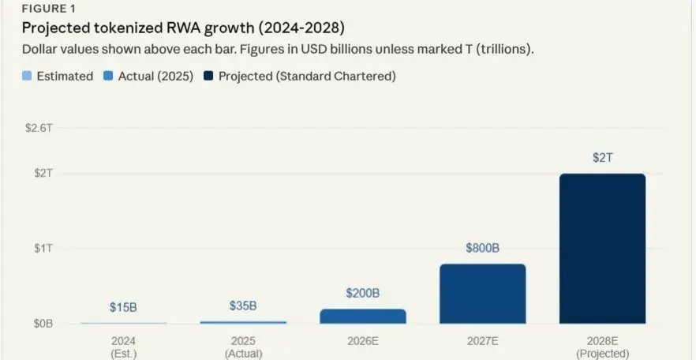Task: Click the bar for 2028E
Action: (602, 249)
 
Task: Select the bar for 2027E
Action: (482, 294)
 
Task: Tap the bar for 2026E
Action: (363, 316)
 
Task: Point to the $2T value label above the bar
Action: (602, 158)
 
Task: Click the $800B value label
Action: (482, 248)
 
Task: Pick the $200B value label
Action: (363, 293)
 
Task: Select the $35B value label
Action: (243, 306)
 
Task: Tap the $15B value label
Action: (123, 307)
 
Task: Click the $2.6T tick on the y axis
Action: (39, 128)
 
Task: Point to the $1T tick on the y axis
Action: (43, 248)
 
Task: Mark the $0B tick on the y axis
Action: (43, 324)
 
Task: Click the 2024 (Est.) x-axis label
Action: (123, 347)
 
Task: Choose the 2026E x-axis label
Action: (363, 341)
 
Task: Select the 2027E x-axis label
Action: (482, 341)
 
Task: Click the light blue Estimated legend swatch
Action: (27, 77)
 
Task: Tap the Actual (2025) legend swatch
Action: (108, 77)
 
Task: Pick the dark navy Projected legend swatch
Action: (208, 77)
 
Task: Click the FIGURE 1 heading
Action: (48, 9)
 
